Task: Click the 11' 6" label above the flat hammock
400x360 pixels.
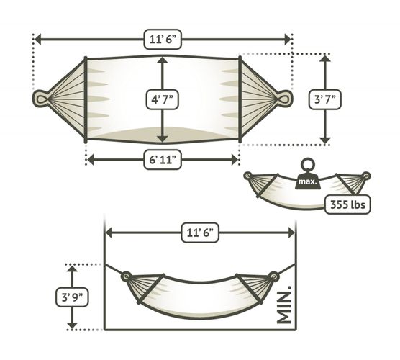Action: click(x=163, y=39)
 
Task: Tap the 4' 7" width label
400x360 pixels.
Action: click(x=163, y=99)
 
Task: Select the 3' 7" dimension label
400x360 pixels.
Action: click(x=324, y=99)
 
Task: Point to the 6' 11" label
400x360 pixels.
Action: click(x=163, y=160)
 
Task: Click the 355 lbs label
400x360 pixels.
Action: click(x=347, y=204)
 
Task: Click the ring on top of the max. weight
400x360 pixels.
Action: click(x=308, y=165)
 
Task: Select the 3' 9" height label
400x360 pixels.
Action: click(x=72, y=297)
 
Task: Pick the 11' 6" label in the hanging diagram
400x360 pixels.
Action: click(x=200, y=233)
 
